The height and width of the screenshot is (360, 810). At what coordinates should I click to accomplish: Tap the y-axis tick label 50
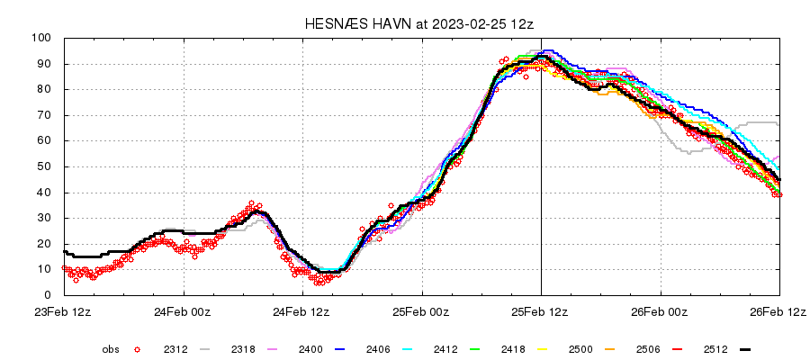[x=49, y=166]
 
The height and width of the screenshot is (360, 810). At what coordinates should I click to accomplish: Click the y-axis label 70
[x=49, y=115]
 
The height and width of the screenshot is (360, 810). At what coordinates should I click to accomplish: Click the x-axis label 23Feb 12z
[x=65, y=312]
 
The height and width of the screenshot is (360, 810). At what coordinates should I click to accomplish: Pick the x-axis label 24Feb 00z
[x=184, y=312]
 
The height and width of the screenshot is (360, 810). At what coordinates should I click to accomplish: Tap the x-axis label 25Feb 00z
[x=422, y=312]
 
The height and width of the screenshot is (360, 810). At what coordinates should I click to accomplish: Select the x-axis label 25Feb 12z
[x=541, y=312]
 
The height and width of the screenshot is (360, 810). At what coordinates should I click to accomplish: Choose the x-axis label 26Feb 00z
[x=661, y=312]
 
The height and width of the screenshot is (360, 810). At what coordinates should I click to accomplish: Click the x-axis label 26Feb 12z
[x=779, y=312]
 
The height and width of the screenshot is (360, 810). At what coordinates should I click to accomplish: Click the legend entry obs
[x=111, y=348]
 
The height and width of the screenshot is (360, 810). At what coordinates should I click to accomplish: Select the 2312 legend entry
[x=176, y=348]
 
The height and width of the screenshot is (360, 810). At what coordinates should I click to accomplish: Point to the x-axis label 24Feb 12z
[x=303, y=312]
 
